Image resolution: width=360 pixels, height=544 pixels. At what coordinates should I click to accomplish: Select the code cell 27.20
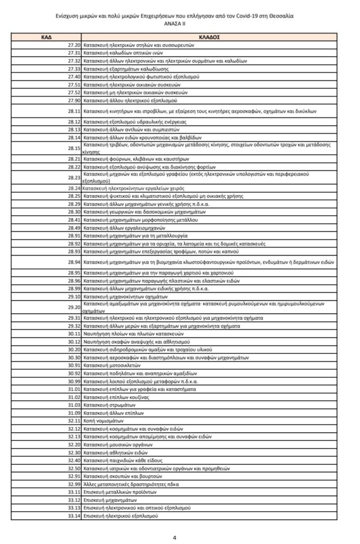(x=74, y=45)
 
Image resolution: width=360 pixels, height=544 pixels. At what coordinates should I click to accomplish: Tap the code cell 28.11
(x=74, y=111)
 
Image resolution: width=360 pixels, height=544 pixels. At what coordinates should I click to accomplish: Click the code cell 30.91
(x=74, y=365)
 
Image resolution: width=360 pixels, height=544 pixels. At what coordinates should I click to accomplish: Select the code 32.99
(x=74, y=484)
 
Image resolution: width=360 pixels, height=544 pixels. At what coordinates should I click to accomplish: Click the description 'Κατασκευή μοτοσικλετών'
(x=112, y=365)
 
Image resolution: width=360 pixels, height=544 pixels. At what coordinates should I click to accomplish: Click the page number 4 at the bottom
(x=175, y=537)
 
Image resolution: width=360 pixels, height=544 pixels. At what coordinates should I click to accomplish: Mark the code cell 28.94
(x=74, y=262)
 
